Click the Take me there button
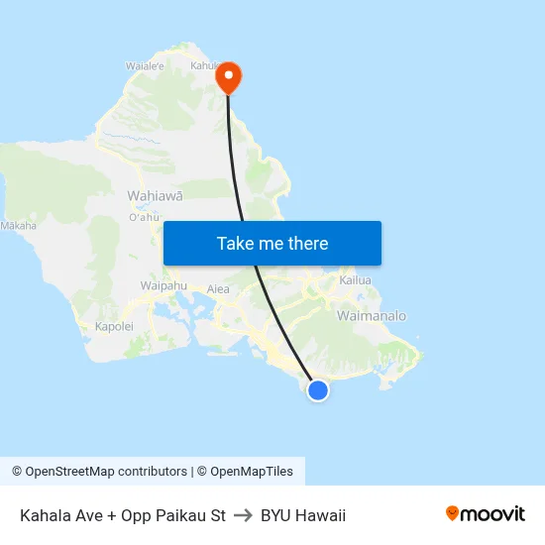pyautogui.click(x=272, y=244)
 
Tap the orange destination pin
pyautogui.click(x=229, y=76)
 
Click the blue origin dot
pyautogui.click(x=318, y=390)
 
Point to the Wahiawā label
pyautogui.click(x=155, y=195)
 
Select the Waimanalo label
pyautogui.click(x=372, y=315)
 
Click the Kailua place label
pyautogui.click(x=355, y=280)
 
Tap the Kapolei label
pyautogui.click(x=113, y=326)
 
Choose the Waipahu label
pyautogui.click(x=164, y=285)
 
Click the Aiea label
pyautogui.click(x=218, y=289)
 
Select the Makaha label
pyautogui.click(x=19, y=226)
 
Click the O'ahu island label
pyautogui.click(x=144, y=217)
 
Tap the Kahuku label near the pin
pyautogui.click(x=204, y=65)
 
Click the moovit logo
pyautogui.click(x=486, y=513)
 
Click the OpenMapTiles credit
pyautogui.click(x=245, y=472)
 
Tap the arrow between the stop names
pyautogui.click(x=243, y=515)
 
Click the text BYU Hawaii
pyautogui.click(x=303, y=515)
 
